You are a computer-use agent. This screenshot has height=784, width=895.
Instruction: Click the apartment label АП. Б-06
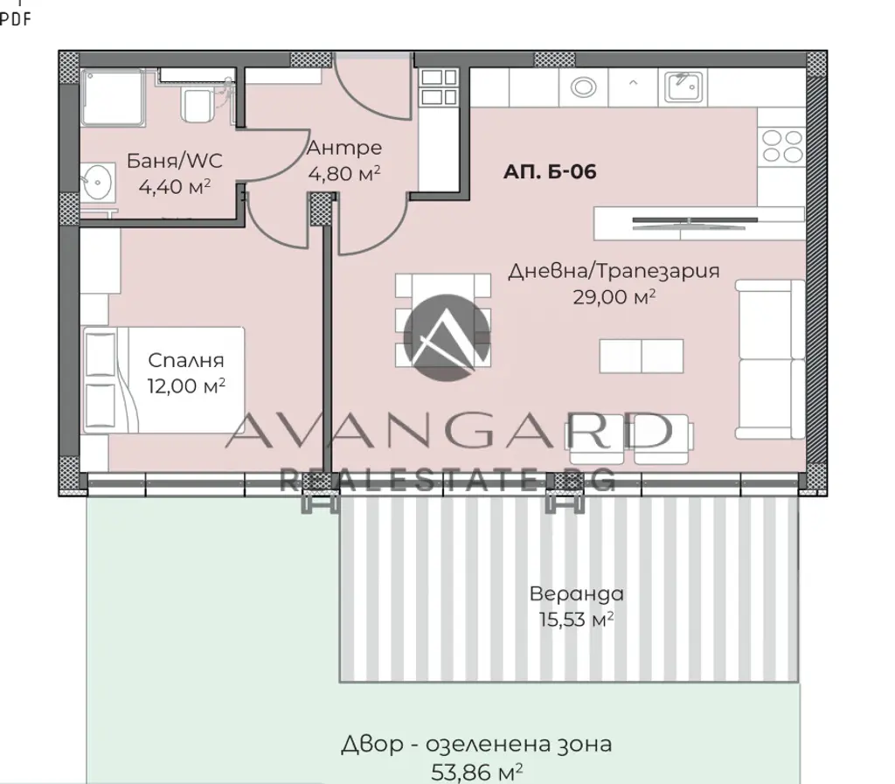(550, 171)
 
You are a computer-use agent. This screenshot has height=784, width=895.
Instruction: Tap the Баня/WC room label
(174, 160)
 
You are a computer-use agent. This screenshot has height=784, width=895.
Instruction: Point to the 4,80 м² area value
(344, 173)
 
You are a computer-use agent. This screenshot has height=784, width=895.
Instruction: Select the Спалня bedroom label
(186, 360)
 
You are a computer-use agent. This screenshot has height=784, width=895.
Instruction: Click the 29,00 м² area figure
(614, 296)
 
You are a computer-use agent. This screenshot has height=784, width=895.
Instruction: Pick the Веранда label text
(577, 593)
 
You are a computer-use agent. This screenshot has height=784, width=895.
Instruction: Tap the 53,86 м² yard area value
(476, 772)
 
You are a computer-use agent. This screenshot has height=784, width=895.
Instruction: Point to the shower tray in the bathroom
(112, 97)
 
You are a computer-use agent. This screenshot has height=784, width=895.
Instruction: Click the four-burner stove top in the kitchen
(782, 146)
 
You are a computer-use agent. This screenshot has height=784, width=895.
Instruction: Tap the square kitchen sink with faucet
(683, 87)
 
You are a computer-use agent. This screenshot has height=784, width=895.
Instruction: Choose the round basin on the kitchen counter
(583, 87)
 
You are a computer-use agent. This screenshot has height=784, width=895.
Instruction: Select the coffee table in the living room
(641, 356)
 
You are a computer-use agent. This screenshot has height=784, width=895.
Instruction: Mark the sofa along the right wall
(769, 359)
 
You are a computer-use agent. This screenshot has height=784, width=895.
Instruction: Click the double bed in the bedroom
(163, 380)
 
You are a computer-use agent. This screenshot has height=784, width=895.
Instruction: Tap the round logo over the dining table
(447, 337)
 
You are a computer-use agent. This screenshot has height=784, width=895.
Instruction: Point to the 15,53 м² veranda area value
(577, 619)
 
